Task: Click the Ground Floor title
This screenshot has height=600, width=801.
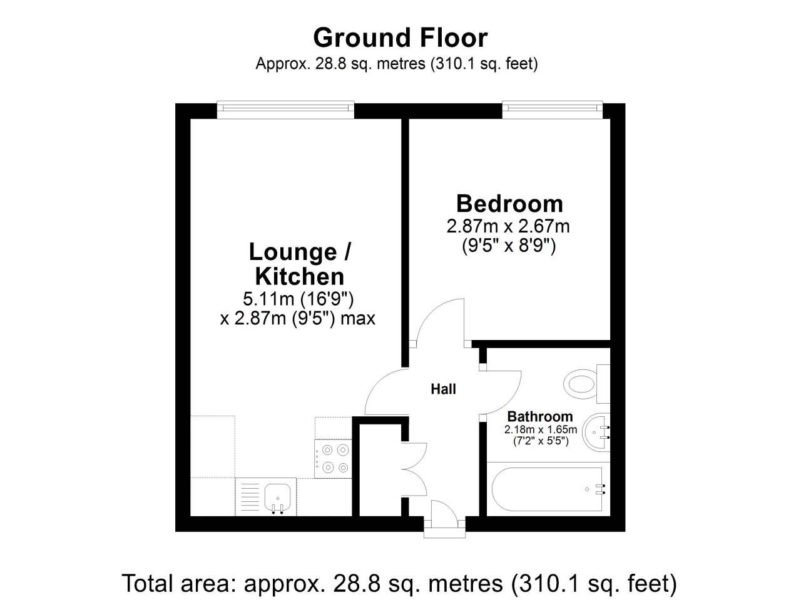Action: pos(400,37)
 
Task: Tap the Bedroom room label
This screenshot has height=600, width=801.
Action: pos(509,204)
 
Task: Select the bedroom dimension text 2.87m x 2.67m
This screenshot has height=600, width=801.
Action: pos(508,226)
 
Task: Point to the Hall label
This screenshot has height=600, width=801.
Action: pos(443,389)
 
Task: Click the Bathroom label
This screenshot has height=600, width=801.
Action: pos(539,416)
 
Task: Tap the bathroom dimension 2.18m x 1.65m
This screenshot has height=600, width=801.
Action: pos(541,429)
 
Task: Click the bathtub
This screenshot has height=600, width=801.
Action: pos(548,489)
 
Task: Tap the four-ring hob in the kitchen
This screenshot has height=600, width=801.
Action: pos(333,459)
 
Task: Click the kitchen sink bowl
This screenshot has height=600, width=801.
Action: pos(277,496)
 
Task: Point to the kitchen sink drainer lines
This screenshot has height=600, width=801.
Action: pos(250,497)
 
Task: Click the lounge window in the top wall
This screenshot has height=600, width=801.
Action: pos(285,109)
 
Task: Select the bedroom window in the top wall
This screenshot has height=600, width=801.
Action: pos(553,109)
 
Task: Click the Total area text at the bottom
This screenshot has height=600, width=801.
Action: pos(399,583)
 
